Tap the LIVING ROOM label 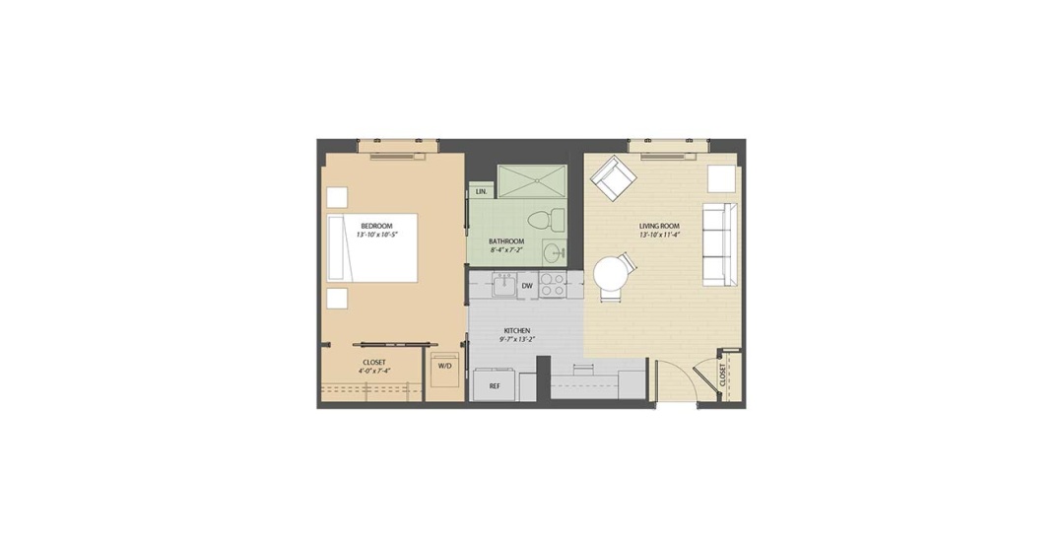point(659,226)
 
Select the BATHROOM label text point(506,241)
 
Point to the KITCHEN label point(516,331)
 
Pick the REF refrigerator point(495,384)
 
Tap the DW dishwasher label point(527,286)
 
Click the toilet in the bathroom point(546,219)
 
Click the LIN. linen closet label point(481,192)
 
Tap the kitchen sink point(504,285)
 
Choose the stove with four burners point(553,285)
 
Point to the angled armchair point(614,178)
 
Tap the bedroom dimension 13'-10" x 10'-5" point(376,235)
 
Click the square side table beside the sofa point(722,178)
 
